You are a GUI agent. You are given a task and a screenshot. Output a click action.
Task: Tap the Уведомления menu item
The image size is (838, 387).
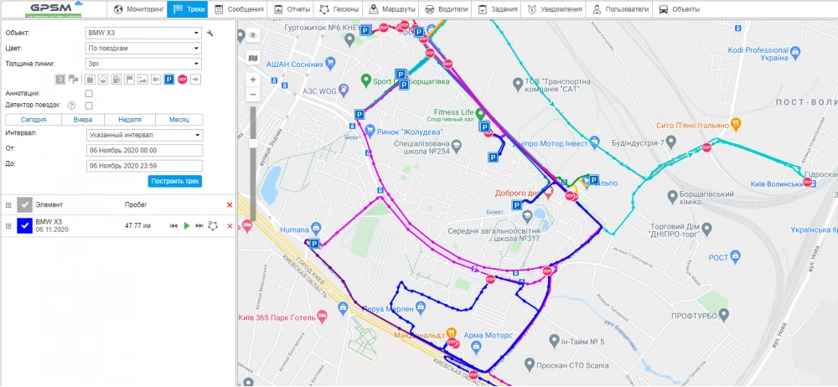point(555,9)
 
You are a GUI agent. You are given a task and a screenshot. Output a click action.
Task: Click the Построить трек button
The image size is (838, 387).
point(175,181)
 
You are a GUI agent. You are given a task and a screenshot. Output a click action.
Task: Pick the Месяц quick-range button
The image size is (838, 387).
point(178,120)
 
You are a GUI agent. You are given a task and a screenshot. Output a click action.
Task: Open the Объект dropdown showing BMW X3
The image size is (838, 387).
point(144,33)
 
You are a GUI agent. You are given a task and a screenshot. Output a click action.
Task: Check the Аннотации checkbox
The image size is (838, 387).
point(89,93)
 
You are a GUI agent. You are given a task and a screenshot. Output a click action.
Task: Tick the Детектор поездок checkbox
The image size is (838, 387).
point(89,106)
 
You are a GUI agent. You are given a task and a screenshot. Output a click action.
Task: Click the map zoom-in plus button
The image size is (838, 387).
point(253,80)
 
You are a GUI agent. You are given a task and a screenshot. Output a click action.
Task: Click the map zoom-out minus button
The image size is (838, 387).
point(253,95)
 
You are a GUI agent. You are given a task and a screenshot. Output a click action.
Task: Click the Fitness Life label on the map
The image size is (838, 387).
point(453,111)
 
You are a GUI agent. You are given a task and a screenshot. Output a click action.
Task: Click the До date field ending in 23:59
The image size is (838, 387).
point(144,165)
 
